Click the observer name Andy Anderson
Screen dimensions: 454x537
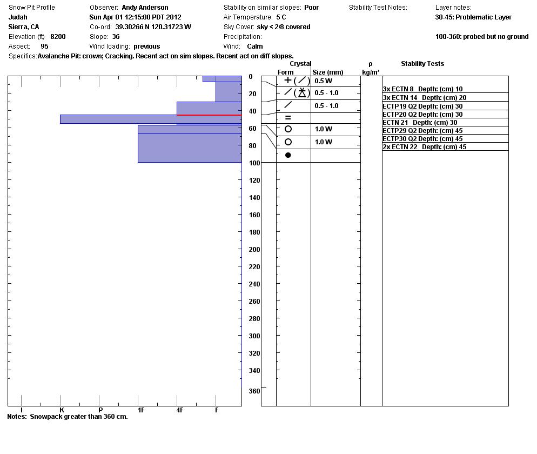(145, 8)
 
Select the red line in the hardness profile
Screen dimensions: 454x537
(209, 115)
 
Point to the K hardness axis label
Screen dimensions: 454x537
(62, 410)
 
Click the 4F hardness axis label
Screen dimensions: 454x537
(180, 410)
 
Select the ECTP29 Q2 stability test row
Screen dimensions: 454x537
(422, 131)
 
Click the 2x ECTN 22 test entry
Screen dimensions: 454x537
(425, 147)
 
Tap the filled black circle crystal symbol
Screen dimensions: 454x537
(288, 155)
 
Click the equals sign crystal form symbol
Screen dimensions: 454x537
(288, 117)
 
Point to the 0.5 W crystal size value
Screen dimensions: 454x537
(324, 81)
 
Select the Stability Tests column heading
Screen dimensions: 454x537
(422, 64)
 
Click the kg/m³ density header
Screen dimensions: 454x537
(371, 72)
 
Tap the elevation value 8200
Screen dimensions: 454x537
(58, 37)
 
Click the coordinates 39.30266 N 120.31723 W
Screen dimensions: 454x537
(153, 27)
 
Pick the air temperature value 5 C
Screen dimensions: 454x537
(281, 17)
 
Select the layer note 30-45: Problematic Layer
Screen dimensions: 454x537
(473, 17)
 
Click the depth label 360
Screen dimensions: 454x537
(254, 391)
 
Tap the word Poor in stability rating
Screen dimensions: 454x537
(311, 8)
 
